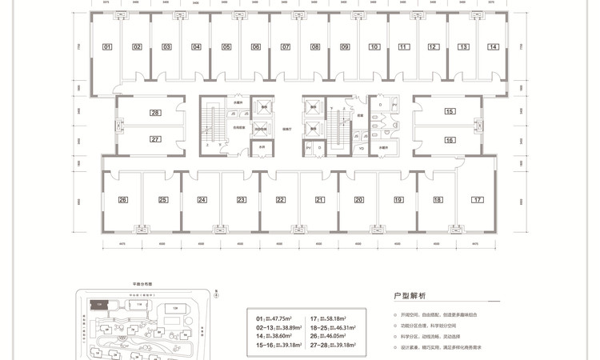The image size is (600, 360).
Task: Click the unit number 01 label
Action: coord(107,47)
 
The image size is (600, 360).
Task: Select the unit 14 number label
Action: coord(494,47)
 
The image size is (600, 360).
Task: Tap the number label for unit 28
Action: coord(155,113)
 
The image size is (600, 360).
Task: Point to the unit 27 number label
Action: coord(155,139)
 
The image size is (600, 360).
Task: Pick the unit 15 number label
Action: coord(450,113)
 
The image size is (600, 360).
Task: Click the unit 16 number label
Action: coord(450,139)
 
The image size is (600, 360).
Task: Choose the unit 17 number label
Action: coord(477,199)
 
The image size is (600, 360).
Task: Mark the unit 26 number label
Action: coord(123,199)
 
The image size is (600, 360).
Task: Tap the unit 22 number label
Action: coord(281,199)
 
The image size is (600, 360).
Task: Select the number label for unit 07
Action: coord(286,47)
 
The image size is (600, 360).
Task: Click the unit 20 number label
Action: coord(359,199)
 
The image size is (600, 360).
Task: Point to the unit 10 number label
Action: coord(374,47)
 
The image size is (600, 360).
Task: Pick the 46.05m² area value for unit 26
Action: coord(342,338)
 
